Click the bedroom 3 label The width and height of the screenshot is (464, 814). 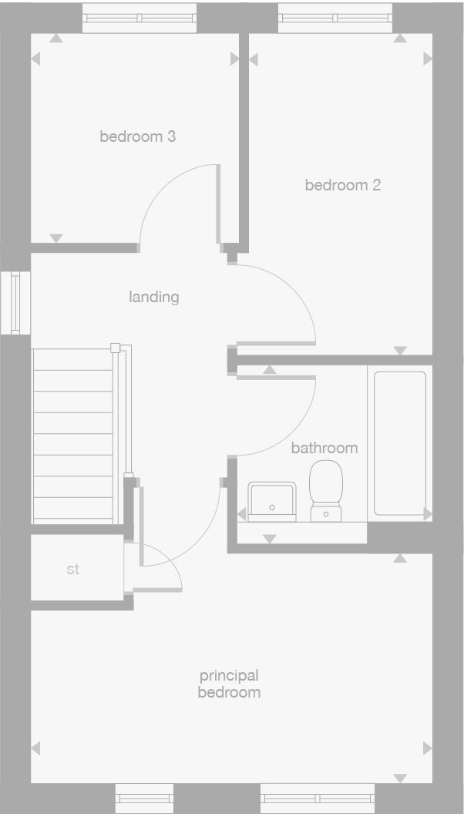(x=137, y=136)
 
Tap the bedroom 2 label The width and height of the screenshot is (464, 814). (x=342, y=185)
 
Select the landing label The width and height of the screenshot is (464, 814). (x=154, y=296)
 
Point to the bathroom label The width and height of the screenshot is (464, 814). (x=324, y=448)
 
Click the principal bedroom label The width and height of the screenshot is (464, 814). (x=229, y=684)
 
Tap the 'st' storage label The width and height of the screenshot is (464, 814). (x=73, y=570)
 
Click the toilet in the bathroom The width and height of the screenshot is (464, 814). (x=326, y=490)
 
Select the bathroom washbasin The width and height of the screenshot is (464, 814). (x=272, y=501)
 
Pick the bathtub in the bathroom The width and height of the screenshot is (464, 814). (x=399, y=442)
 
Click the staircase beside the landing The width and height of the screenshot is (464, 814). (x=73, y=436)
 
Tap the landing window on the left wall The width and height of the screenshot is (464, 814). (x=15, y=302)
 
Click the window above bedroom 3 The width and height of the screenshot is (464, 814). (x=139, y=18)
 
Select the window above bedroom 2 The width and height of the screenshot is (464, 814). (x=335, y=18)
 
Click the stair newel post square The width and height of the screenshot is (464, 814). (x=116, y=348)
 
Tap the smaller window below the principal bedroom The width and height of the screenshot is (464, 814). (x=144, y=798)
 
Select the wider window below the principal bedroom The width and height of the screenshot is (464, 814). (x=317, y=798)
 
